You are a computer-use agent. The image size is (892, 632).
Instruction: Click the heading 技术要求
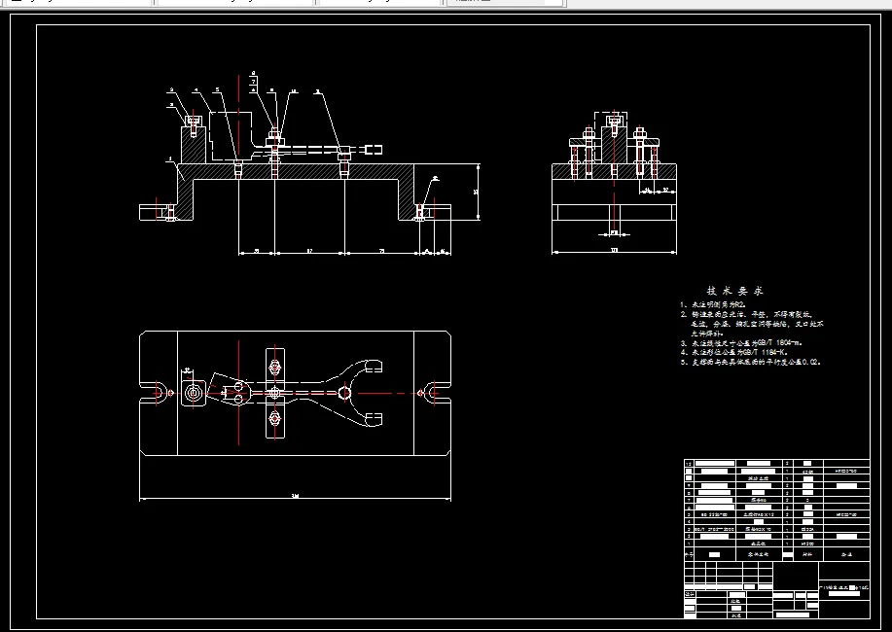(x=735, y=291)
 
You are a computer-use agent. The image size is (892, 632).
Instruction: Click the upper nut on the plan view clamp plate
(x=274, y=367)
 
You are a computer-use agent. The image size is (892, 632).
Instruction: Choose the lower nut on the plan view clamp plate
(x=274, y=418)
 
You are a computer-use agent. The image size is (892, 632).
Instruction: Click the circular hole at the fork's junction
(x=345, y=393)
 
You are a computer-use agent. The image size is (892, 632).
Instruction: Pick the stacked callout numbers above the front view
(x=253, y=82)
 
